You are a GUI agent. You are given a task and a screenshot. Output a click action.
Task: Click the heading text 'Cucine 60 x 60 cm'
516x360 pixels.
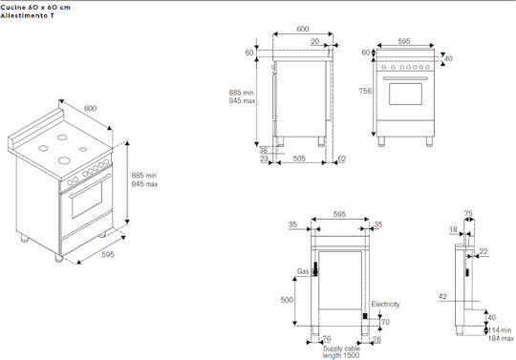tap(35, 8)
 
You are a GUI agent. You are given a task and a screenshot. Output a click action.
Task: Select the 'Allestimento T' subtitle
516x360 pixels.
tap(28, 16)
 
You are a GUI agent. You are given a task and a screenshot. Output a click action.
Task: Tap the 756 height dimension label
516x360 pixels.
tap(365, 91)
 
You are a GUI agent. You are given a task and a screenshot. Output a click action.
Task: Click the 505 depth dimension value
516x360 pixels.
tap(299, 159)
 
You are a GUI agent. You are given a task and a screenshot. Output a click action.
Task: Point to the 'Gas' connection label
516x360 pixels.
tap(303, 271)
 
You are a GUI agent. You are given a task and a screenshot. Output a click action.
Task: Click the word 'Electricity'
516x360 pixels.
tap(385, 304)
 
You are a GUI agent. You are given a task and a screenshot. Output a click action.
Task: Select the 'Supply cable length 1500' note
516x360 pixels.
tap(341, 351)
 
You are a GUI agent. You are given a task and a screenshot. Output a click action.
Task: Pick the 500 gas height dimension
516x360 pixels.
tap(287, 300)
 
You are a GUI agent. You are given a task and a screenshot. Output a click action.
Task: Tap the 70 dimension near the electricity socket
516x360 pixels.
tap(385, 322)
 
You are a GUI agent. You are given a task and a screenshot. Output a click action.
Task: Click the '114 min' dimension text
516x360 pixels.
tap(500, 329)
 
